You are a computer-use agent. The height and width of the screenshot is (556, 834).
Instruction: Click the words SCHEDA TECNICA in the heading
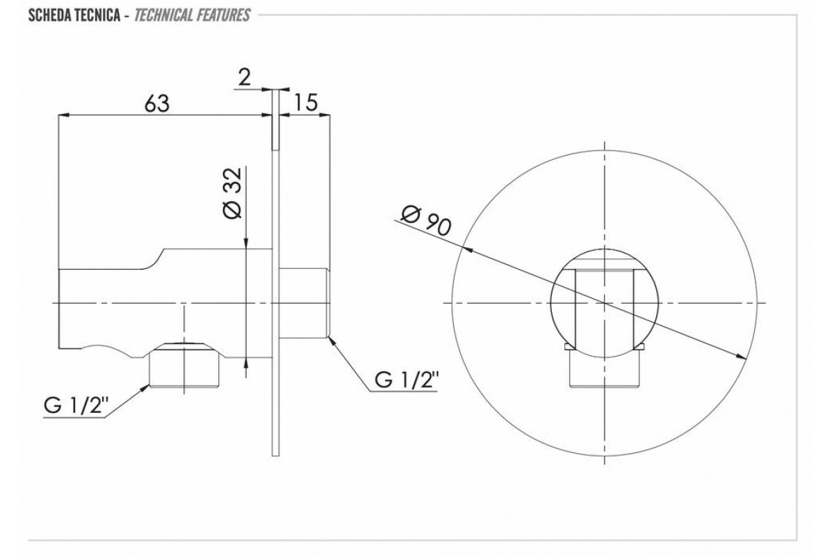pos(74,15)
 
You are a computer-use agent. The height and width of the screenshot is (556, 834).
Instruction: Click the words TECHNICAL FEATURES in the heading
pos(192,15)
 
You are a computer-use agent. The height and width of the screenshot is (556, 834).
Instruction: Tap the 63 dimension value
pos(157,103)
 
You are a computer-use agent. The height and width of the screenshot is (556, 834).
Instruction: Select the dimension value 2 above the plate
pos(244,77)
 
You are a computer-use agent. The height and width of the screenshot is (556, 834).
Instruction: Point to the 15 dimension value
pos(306,102)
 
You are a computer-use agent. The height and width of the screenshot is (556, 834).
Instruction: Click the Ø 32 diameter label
pos(233,193)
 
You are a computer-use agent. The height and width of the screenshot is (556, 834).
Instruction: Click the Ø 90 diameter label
pos(426,222)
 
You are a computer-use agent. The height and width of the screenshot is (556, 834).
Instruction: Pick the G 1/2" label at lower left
pos(76,406)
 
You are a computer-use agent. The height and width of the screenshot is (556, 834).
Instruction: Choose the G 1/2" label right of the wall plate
pos(406,380)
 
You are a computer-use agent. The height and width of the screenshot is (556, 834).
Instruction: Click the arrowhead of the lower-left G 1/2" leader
pos(145,389)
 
